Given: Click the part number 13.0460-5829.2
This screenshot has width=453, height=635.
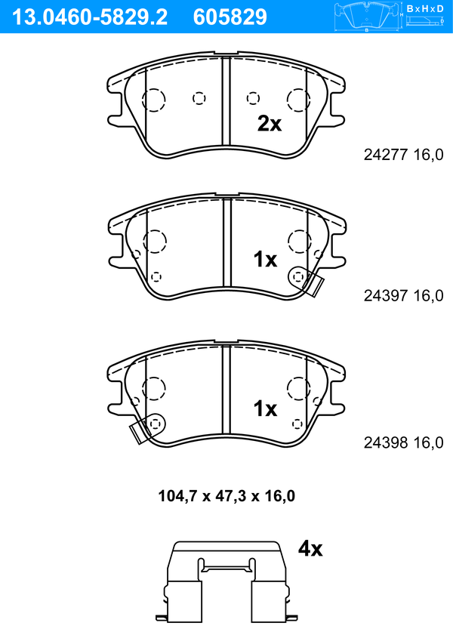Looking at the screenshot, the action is coord(90,17).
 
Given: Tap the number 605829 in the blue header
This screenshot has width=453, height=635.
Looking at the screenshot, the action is coord(230,17).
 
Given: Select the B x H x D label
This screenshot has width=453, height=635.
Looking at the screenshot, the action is coord(425,8).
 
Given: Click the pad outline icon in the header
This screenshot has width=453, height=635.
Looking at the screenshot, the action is coord(367,17).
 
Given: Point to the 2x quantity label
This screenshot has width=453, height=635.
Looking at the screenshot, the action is coord(270,124).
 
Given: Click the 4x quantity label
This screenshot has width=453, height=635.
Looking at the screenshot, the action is coord(310,549).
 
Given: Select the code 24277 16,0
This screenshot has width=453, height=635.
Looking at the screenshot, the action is coord(404,155).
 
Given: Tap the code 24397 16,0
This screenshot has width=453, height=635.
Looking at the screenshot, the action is coord(404,296).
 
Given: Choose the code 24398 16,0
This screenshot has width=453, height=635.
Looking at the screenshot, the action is coord(404,442).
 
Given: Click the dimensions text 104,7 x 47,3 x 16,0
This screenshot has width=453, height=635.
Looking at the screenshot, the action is coord(226,495).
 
